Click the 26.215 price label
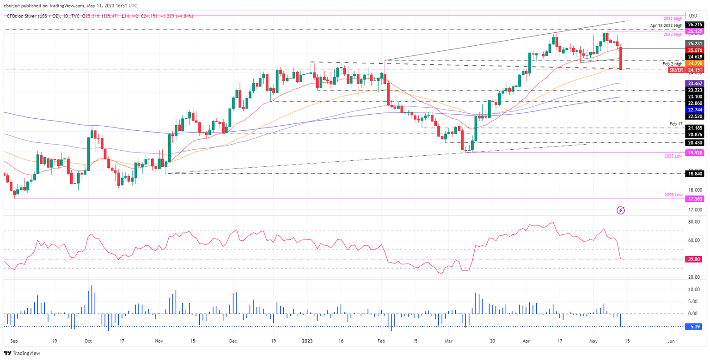(695, 24)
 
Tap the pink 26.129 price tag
(695, 31)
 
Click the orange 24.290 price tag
(695, 63)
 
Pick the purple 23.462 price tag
(695, 83)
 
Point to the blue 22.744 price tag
(695, 109)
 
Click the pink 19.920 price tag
(695, 152)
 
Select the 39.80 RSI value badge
(695, 259)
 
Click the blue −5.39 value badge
(695, 326)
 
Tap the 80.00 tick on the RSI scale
(693, 222)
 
